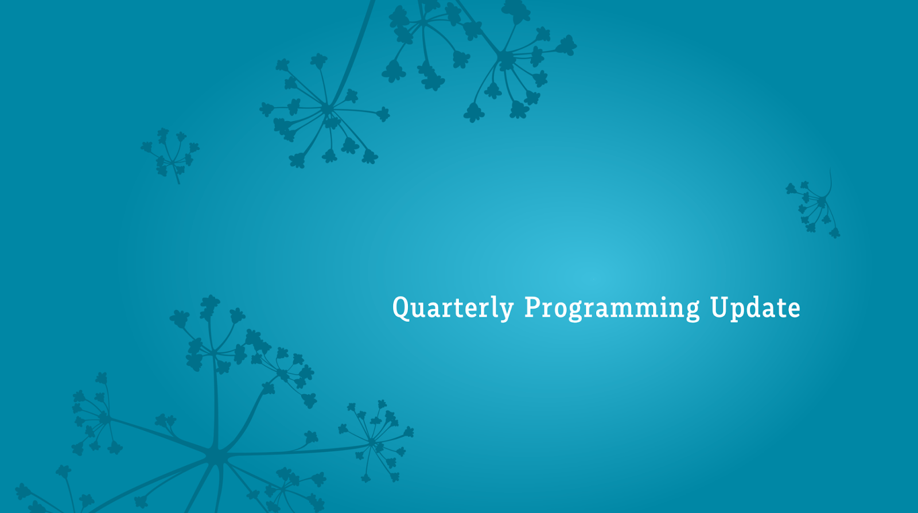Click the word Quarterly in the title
453,308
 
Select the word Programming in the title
612,308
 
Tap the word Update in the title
755,308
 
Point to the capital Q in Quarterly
402,308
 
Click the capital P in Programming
533,307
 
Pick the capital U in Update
719,307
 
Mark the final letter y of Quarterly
506,312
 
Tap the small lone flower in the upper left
170,155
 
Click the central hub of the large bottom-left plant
213,456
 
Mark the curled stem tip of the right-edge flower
830,169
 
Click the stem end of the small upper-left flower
178,183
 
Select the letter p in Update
738,312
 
